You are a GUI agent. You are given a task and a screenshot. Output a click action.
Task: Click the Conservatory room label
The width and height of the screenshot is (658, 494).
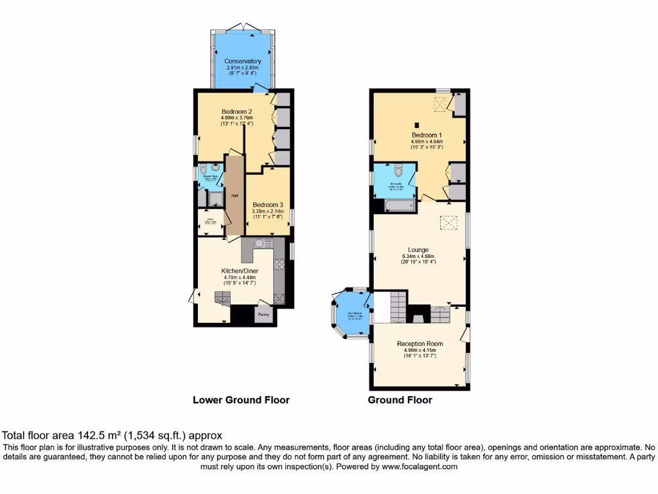click(x=243, y=61)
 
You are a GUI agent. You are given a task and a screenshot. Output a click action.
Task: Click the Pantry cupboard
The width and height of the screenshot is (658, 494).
click(x=263, y=315)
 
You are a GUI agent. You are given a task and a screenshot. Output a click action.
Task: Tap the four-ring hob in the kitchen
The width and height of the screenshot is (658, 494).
click(x=280, y=264)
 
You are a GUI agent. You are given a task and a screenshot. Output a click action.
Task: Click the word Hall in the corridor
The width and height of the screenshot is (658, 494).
click(x=235, y=196)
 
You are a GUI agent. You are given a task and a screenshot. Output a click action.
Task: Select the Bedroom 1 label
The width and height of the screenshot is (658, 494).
click(x=427, y=135)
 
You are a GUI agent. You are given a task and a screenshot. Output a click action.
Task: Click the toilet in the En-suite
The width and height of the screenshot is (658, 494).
click(x=398, y=170)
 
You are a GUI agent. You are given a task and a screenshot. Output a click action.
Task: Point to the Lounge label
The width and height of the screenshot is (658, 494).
click(x=418, y=250)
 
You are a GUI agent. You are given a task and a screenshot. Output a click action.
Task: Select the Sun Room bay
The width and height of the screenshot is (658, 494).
click(x=351, y=315)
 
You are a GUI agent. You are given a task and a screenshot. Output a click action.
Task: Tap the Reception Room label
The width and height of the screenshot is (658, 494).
click(x=420, y=343)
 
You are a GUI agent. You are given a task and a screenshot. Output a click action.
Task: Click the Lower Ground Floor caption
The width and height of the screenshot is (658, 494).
click(x=241, y=400)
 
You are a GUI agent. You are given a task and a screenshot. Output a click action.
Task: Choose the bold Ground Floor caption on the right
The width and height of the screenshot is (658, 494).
click(x=400, y=400)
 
